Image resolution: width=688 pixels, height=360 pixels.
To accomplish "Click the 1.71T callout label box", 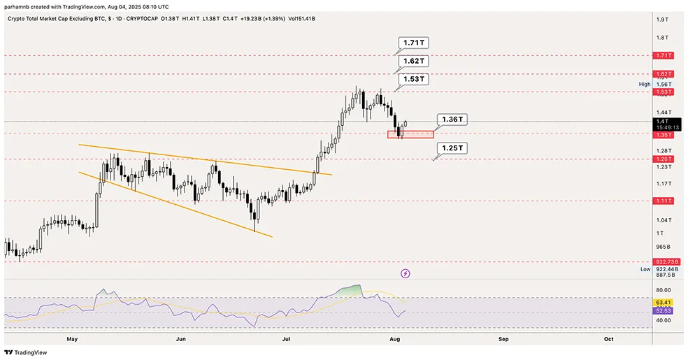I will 413,43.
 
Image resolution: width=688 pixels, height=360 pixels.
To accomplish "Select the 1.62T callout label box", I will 413,62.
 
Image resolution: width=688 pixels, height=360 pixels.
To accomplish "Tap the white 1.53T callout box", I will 413,80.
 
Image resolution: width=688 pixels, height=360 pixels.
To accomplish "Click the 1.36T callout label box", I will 452,120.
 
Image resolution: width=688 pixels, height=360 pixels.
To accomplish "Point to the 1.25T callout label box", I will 452,148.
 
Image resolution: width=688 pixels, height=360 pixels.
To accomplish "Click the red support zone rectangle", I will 410,134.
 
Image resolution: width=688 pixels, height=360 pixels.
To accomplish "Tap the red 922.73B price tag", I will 664,262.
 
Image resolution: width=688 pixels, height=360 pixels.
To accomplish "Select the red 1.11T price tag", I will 664,201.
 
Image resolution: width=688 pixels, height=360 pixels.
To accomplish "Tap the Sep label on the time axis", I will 503,338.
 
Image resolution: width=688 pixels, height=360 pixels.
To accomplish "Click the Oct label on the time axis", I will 608,338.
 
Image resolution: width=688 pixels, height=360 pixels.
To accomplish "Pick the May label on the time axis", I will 71,338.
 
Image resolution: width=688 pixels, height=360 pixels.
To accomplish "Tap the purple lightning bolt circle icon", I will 405,273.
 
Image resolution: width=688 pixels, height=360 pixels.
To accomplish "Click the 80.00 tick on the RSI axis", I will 664,290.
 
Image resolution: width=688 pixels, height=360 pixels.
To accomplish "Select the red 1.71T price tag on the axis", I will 664,55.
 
